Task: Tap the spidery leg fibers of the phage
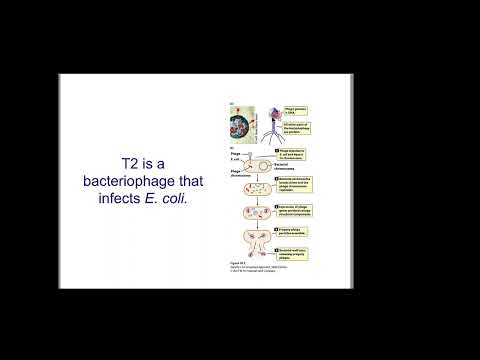click(269, 137)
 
